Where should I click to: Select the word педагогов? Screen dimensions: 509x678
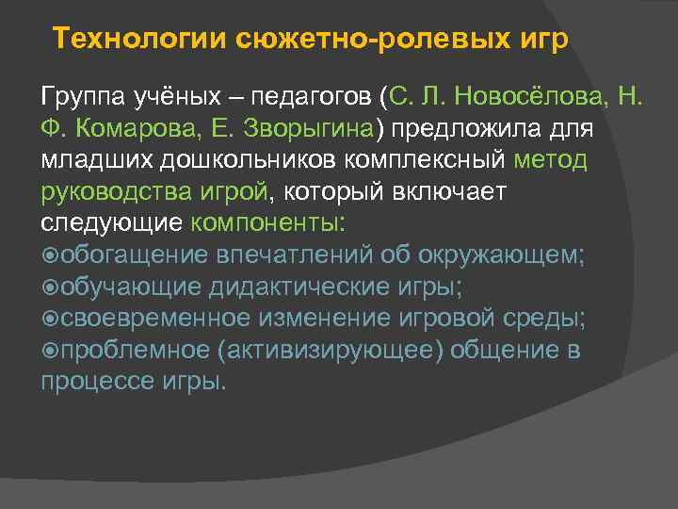click(302, 95)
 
